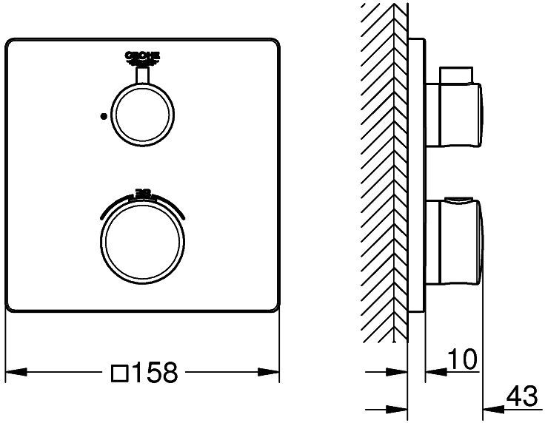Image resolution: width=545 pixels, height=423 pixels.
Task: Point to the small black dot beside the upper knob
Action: click(x=104, y=115)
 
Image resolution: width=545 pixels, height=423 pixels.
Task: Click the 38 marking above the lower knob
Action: click(x=142, y=191)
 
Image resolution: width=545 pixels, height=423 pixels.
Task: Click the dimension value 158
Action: click(x=155, y=373)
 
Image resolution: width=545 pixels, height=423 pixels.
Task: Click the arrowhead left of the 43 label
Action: click(x=492, y=406)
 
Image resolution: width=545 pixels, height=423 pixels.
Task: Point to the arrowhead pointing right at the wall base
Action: click(x=401, y=406)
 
